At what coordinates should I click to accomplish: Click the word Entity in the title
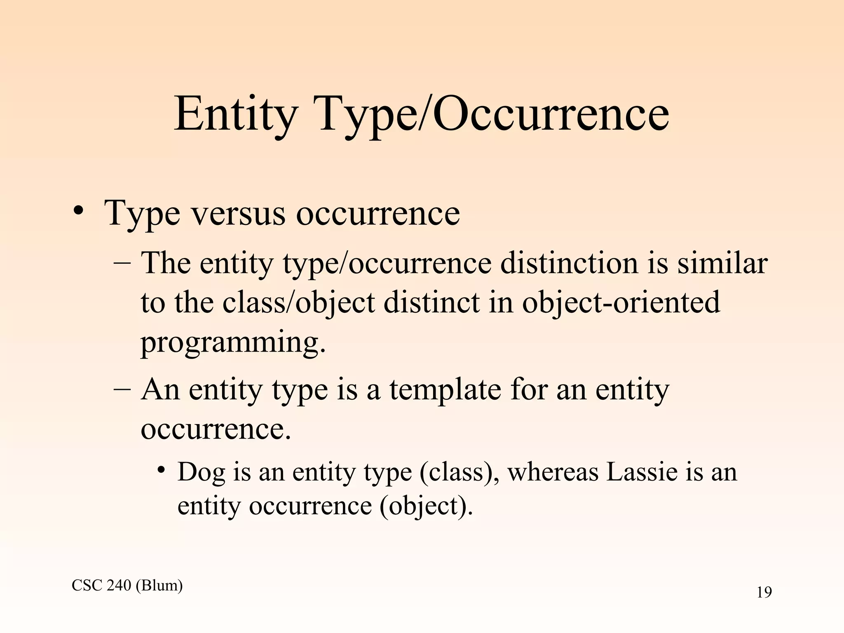click(x=235, y=113)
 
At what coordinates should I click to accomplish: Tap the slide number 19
click(x=764, y=593)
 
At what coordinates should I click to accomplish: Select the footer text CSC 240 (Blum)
click(x=127, y=585)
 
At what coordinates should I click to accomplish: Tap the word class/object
click(x=298, y=302)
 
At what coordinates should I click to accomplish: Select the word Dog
click(x=201, y=472)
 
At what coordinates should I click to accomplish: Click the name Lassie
click(x=641, y=472)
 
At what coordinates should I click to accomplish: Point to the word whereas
click(x=552, y=472)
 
